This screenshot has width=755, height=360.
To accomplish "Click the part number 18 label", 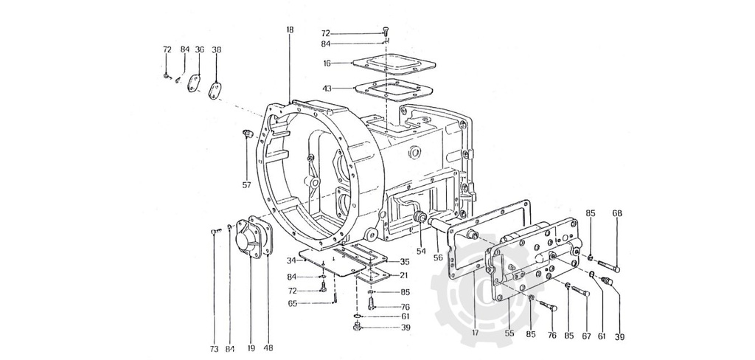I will tap(290, 30).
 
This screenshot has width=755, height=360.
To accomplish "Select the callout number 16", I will tap(327, 63).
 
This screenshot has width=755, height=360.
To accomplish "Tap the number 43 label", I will tap(327, 89).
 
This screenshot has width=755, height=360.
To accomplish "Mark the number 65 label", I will tap(292, 303).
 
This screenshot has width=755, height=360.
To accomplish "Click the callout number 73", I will tap(214, 348).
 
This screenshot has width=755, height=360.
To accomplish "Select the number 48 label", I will tap(268, 348).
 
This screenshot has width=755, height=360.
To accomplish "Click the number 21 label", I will tap(404, 275).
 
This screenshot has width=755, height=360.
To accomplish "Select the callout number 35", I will tap(404, 262).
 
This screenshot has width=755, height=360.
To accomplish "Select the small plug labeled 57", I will tap(246, 133).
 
